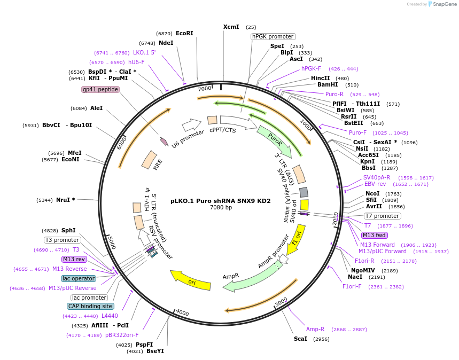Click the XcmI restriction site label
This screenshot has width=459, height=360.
click(x=231, y=27)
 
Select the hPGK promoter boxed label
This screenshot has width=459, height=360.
click(x=273, y=36)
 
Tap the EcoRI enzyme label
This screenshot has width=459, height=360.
click(x=184, y=33)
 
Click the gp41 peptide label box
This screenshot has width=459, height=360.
click(x=100, y=89)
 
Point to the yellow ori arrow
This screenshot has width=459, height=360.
click(x=190, y=281)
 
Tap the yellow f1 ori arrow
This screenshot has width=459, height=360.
click(x=298, y=239)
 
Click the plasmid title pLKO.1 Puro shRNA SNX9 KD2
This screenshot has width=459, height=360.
click(x=221, y=201)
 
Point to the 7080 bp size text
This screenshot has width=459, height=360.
click(x=221, y=208)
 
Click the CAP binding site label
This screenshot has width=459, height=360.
click(x=90, y=306)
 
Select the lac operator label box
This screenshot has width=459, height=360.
click(x=79, y=278)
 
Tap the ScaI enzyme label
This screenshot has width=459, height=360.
click(x=300, y=339)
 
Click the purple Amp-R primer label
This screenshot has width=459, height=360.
click(x=315, y=329)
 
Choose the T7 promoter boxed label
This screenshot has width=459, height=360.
click(x=382, y=216)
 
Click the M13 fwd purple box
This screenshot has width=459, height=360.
click(x=375, y=235)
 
